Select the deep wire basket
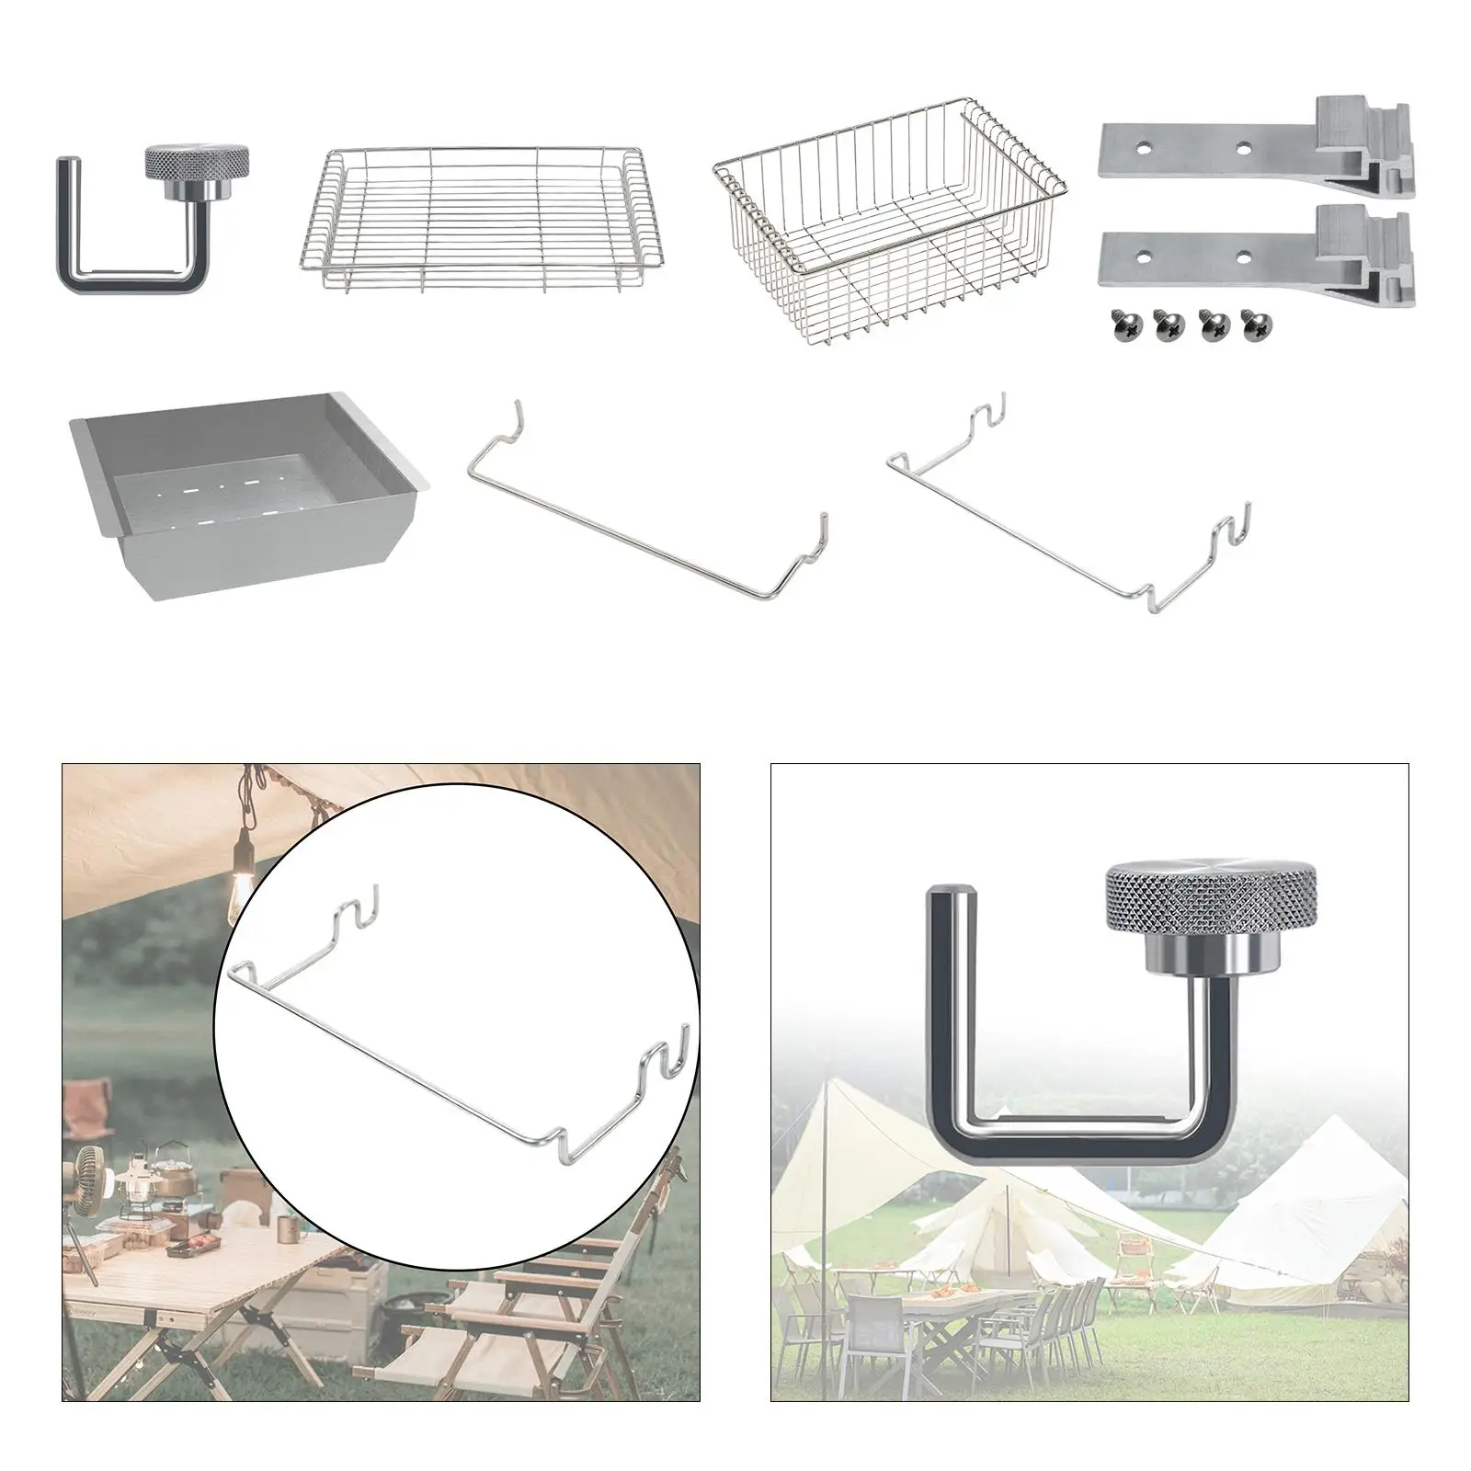(890, 221)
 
